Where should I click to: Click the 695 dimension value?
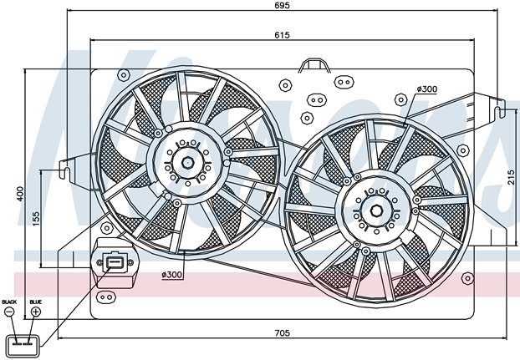[282, 5]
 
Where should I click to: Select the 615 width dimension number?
[282, 35]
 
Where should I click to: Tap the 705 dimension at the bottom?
[282, 332]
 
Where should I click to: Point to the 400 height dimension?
[20, 194]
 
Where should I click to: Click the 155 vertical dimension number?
[35, 219]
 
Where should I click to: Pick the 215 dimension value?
[511, 177]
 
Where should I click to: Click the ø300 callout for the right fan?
[427, 89]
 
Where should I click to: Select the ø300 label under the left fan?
[171, 275]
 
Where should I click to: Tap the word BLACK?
[9, 302]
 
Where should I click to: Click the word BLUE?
[35, 302]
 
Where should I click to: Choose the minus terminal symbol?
[9, 312]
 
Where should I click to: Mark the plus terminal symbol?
[35, 312]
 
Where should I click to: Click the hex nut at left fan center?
[188, 163]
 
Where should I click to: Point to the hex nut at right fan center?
[377, 210]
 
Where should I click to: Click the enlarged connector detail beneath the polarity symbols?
[23, 346]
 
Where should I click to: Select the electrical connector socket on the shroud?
[115, 263]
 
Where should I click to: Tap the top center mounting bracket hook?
[314, 65]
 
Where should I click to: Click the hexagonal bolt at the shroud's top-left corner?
[124, 75]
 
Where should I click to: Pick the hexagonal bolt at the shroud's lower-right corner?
[467, 278]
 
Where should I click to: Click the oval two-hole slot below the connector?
[106, 297]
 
